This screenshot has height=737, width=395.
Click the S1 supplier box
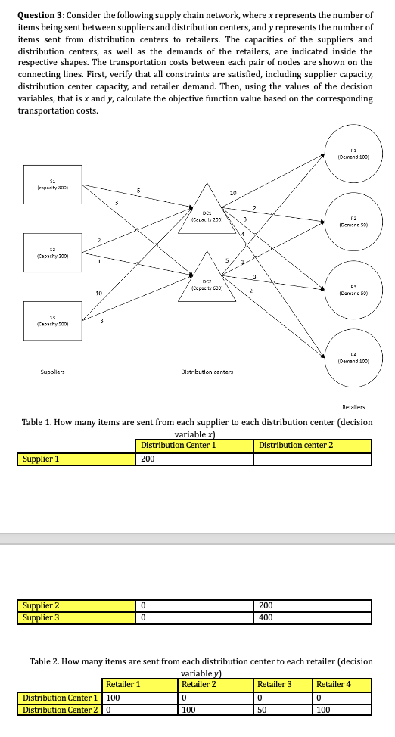tap(53, 185)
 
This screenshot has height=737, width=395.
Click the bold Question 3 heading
tap(43, 15)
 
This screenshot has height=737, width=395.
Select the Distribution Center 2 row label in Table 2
tap(61, 710)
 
